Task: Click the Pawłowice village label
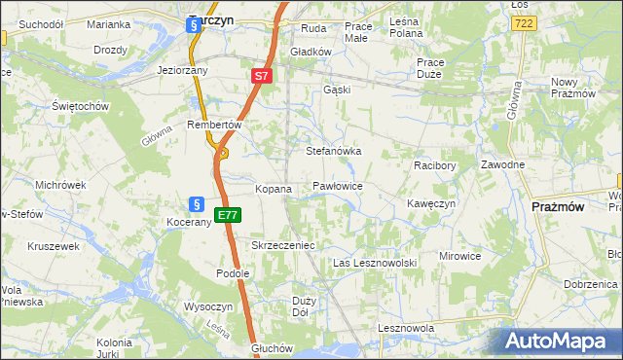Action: tap(338, 185)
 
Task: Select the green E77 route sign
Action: tap(227, 215)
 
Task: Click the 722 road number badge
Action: tap(525, 21)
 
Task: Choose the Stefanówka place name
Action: tap(334, 152)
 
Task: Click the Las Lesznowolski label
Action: tap(375, 264)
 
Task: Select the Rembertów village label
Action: tap(214, 125)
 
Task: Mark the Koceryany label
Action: tap(189, 223)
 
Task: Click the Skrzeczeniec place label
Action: tap(283, 246)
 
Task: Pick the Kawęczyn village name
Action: tap(431, 204)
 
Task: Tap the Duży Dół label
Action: tap(303, 307)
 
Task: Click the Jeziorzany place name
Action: tap(183, 71)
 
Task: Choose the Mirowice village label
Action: tap(460, 256)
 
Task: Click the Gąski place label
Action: tap(337, 90)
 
